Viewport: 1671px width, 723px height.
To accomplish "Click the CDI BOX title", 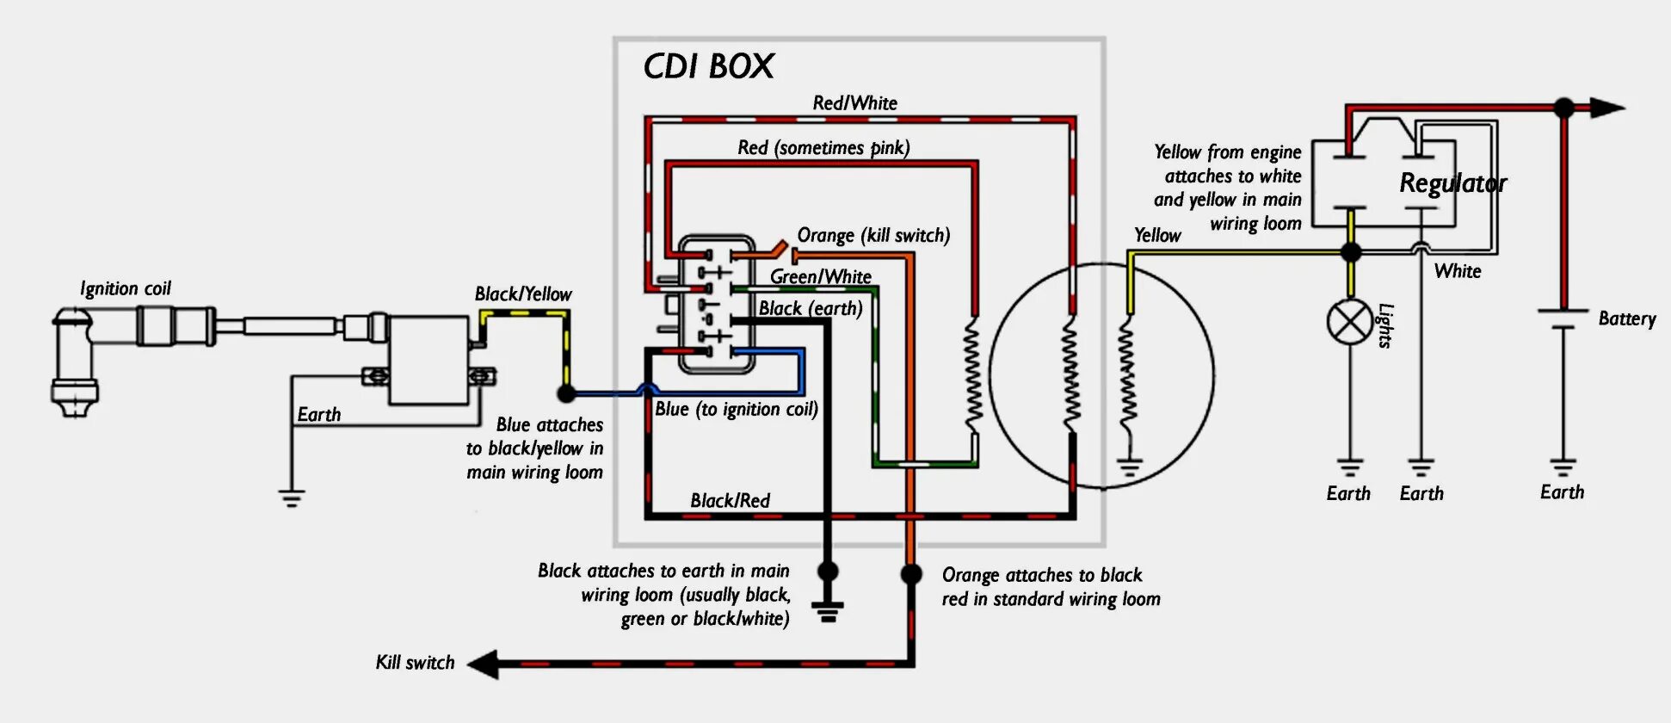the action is [x=709, y=66].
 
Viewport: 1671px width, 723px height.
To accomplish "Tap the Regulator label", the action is [x=1452, y=182].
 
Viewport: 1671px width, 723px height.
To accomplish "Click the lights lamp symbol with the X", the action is [x=1350, y=323].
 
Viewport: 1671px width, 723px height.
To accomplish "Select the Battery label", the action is [x=1626, y=318].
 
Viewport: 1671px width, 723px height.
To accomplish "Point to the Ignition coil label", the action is [x=126, y=288].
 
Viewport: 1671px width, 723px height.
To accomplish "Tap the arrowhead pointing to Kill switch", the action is [x=484, y=664].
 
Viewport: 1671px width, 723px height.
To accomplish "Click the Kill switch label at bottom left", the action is [x=415, y=662].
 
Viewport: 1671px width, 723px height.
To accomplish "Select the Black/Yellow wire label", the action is [x=523, y=294].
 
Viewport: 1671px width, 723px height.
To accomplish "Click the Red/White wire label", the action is [x=854, y=103].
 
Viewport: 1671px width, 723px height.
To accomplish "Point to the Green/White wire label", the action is [x=820, y=276].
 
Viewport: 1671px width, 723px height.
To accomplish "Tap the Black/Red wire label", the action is [x=730, y=500].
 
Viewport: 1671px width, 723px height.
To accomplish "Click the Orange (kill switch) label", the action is [x=873, y=235].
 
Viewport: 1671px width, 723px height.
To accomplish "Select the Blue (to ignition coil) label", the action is [x=736, y=409].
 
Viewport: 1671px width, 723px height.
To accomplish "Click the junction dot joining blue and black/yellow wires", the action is [x=566, y=393].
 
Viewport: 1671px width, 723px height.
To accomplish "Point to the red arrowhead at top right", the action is [x=1606, y=108].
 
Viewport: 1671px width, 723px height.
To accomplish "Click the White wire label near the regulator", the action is [x=1458, y=271].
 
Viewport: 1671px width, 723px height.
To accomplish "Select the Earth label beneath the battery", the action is [x=1562, y=491].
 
